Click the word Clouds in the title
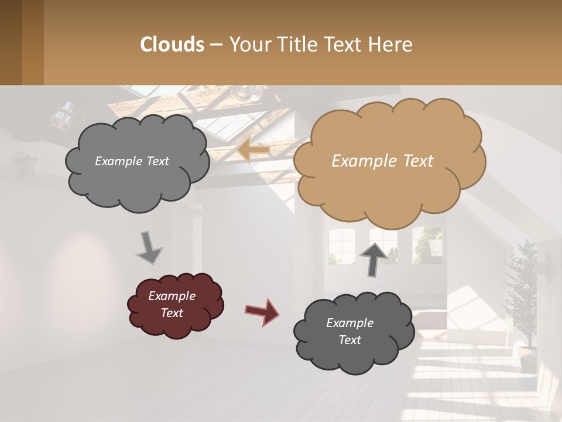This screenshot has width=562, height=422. (172, 45)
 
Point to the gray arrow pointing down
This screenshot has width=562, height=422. (149, 247)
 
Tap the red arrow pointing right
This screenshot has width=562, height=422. (262, 311)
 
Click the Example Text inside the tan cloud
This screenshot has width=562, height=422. (382, 161)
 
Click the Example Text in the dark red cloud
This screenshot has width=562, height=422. (172, 304)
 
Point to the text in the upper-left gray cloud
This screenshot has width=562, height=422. (132, 161)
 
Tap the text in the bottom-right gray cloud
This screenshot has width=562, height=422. (349, 331)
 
